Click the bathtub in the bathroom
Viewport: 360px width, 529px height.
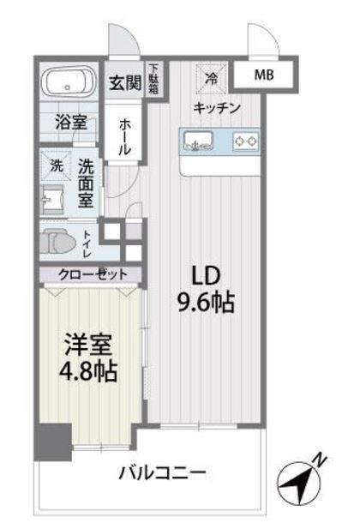click(x=69, y=83)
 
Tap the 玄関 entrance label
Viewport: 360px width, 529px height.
click(x=123, y=83)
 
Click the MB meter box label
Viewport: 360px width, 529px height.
click(x=264, y=75)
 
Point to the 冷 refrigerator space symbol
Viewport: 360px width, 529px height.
click(x=211, y=76)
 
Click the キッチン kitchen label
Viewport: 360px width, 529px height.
click(x=216, y=107)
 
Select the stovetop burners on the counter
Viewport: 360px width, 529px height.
click(x=247, y=138)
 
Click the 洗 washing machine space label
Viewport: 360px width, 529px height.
click(x=56, y=164)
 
